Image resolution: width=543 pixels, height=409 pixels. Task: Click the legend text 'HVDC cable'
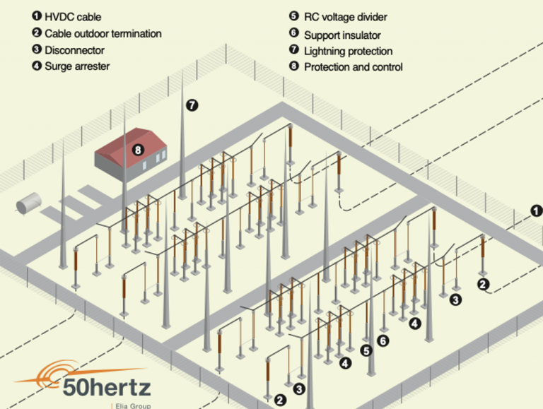[73, 16]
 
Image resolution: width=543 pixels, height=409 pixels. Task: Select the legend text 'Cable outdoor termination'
[103, 33]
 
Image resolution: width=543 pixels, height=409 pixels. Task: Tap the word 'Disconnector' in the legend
[74, 50]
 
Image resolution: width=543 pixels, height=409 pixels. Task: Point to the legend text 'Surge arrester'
[77, 67]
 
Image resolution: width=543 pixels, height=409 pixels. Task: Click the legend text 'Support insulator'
[342, 34]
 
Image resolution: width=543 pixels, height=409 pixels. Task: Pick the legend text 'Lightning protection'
[348, 51]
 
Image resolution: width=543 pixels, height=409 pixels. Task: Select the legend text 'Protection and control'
[353, 67]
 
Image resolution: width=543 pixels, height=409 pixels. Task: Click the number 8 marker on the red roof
[138, 150]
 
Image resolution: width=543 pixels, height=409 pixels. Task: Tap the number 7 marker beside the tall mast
[192, 105]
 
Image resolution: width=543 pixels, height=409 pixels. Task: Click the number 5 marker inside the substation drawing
[366, 350]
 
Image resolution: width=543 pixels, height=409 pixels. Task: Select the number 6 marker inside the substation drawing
[383, 340]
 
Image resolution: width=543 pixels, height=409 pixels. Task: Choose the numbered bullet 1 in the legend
[36, 16]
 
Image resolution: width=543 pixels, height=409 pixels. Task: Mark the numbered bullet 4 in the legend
[36, 67]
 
